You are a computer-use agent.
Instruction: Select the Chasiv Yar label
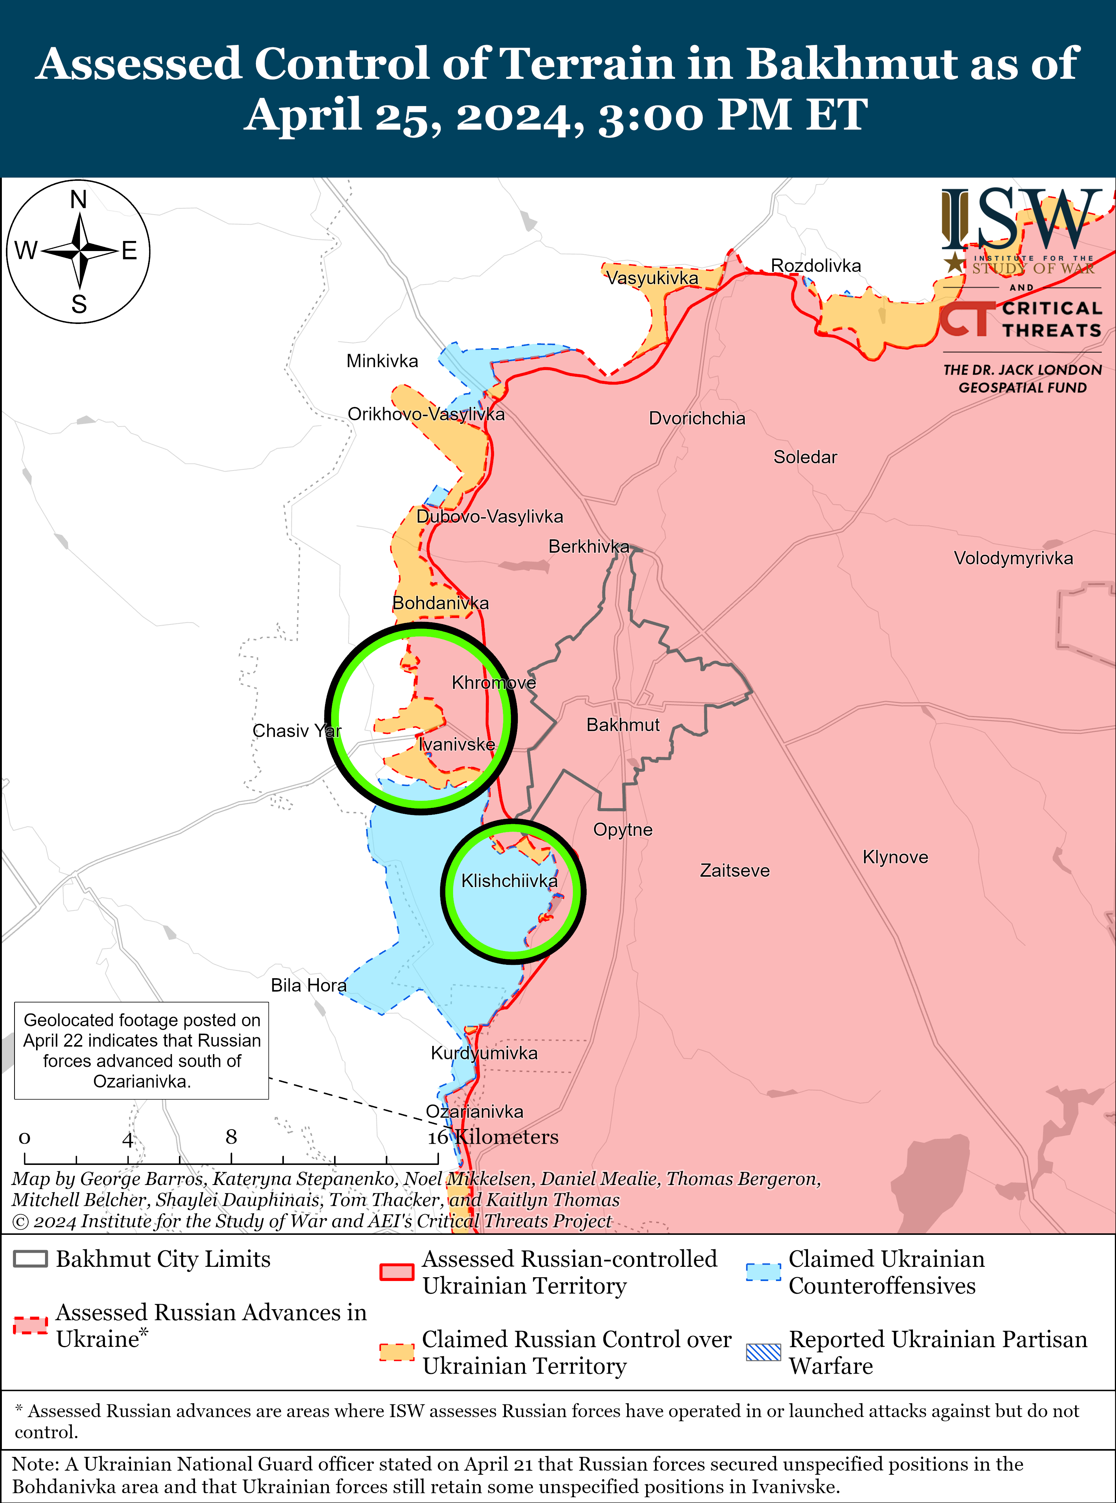click(x=296, y=731)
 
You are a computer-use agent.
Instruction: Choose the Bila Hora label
click(x=308, y=986)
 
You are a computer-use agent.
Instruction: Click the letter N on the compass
click(x=79, y=200)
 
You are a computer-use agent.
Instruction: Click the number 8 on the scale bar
click(x=231, y=1137)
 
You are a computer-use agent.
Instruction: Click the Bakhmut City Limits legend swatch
click(x=31, y=1259)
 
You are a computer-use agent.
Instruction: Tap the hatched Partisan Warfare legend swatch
click(x=763, y=1352)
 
